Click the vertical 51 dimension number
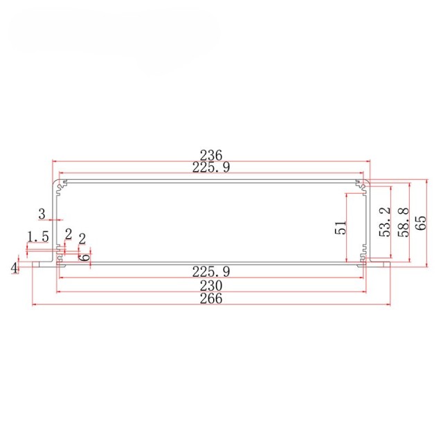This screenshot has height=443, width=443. click(341, 228)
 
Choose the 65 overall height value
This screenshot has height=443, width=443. click(422, 221)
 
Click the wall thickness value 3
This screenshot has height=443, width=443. click(42, 213)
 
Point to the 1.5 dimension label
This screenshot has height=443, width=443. click(37, 237)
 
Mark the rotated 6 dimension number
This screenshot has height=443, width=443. click(85, 256)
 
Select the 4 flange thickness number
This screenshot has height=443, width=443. click(14, 267)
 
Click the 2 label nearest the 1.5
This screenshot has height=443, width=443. click(67, 234)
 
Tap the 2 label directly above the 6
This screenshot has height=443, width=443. click(82, 239)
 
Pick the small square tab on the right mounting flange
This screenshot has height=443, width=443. click(381, 264)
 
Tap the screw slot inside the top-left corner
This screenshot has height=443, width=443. click(62, 185)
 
